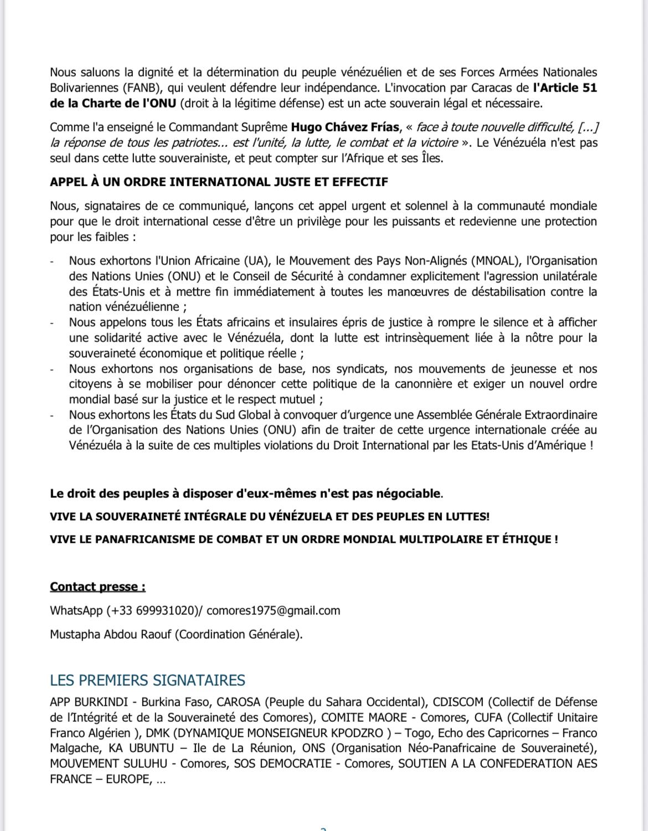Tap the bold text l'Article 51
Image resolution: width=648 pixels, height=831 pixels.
coord(564,88)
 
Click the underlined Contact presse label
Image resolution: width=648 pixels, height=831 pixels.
coord(97,587)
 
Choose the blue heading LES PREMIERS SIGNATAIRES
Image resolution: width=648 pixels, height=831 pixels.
coord(147,680)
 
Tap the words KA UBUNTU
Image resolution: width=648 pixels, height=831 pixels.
coord(141,748)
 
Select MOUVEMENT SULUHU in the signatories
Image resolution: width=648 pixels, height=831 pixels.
coord(108,764)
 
